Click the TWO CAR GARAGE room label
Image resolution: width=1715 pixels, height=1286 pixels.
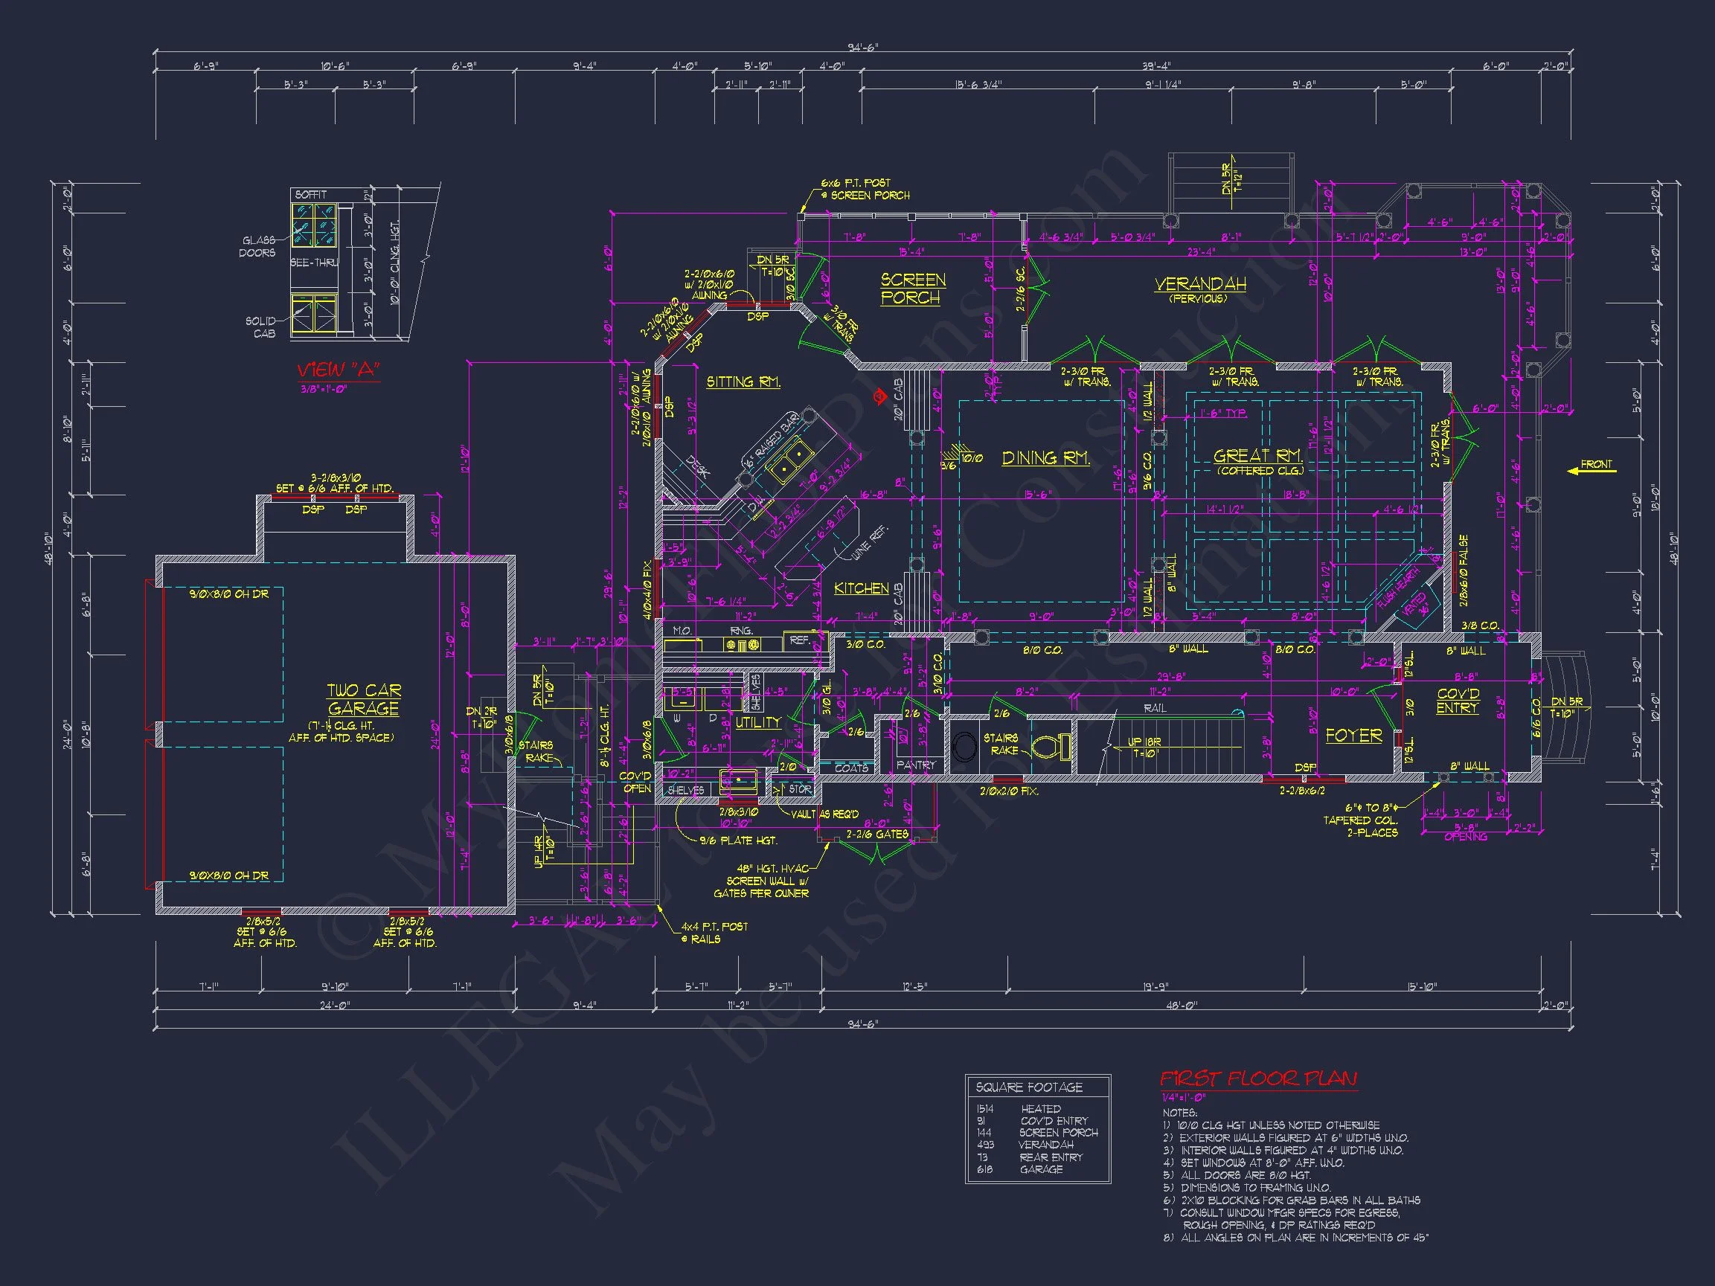point(363,699)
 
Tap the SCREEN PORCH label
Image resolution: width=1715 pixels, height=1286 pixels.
point(912,289)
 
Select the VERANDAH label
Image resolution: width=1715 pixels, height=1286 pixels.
point(1199,284)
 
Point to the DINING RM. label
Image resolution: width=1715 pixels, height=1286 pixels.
point(1045,458)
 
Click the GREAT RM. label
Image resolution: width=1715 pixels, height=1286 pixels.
point(1257,456)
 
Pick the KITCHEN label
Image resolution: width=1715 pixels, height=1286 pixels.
point(861,588)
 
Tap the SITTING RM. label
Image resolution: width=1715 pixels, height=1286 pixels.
point(743,382)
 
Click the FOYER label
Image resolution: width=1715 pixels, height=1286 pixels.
point(1353,735)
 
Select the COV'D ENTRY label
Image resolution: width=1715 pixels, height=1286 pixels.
point(1458,701)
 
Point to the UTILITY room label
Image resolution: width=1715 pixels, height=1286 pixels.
point(757,722)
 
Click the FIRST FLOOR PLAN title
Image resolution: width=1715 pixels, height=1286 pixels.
point(1257,1078)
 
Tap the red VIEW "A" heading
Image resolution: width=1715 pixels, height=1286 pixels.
point(338,370)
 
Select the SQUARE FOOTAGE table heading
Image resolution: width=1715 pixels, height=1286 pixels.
point(1028,1087)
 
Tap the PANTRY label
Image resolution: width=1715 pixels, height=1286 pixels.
point(916,765)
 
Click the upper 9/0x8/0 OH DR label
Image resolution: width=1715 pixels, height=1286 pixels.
point(228,594)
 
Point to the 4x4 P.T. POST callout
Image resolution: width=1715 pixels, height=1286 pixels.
point(714,926)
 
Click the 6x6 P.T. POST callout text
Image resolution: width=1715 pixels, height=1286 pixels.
point(856,183)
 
